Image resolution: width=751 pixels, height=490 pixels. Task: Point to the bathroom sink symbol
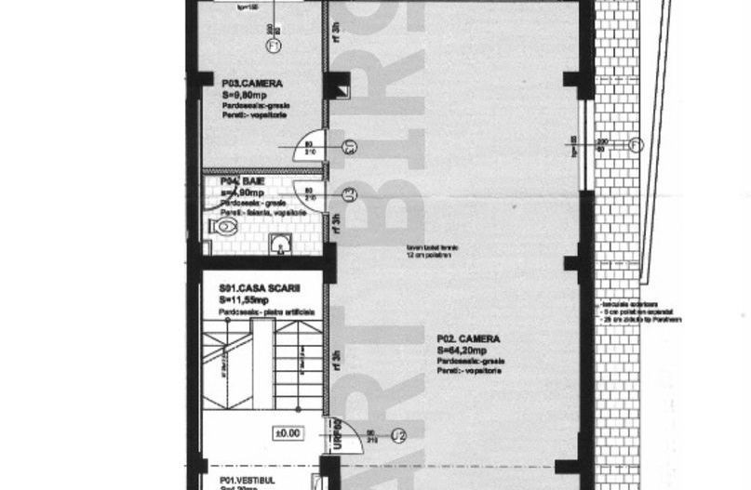pyautogui.click(x=279, y=244)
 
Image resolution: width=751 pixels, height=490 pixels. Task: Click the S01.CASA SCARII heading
pyautogui.click(x=260, y=289)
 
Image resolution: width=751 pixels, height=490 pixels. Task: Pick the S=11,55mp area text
pyautogui.click(x=245, y=300)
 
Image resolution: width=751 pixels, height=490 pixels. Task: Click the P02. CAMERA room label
pyautogui.click(x=469, y=338)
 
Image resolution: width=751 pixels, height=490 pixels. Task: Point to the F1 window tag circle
pyautogui.click(x=274, y=46)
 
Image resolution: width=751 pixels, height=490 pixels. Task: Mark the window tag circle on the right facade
pyautogui.click(x=635, y=144)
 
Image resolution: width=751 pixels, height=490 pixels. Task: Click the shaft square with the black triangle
pyautogui.click(x=342, y=90)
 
